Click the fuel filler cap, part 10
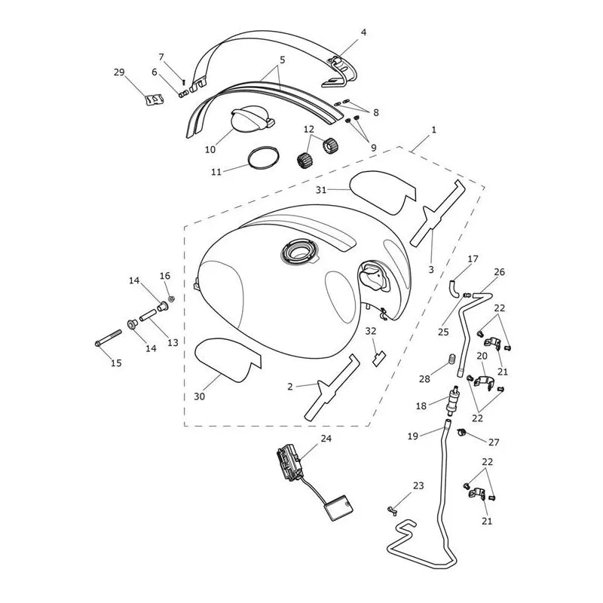(252, 121)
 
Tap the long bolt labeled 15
(108, 337)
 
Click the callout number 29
(119, 72)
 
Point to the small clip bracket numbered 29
(155, 99)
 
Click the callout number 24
(326, 438)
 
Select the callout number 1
(434, 130)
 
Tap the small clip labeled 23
(392, 511)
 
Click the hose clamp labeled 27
(462, 432)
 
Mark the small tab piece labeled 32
(378, 359)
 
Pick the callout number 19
(412, 436)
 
